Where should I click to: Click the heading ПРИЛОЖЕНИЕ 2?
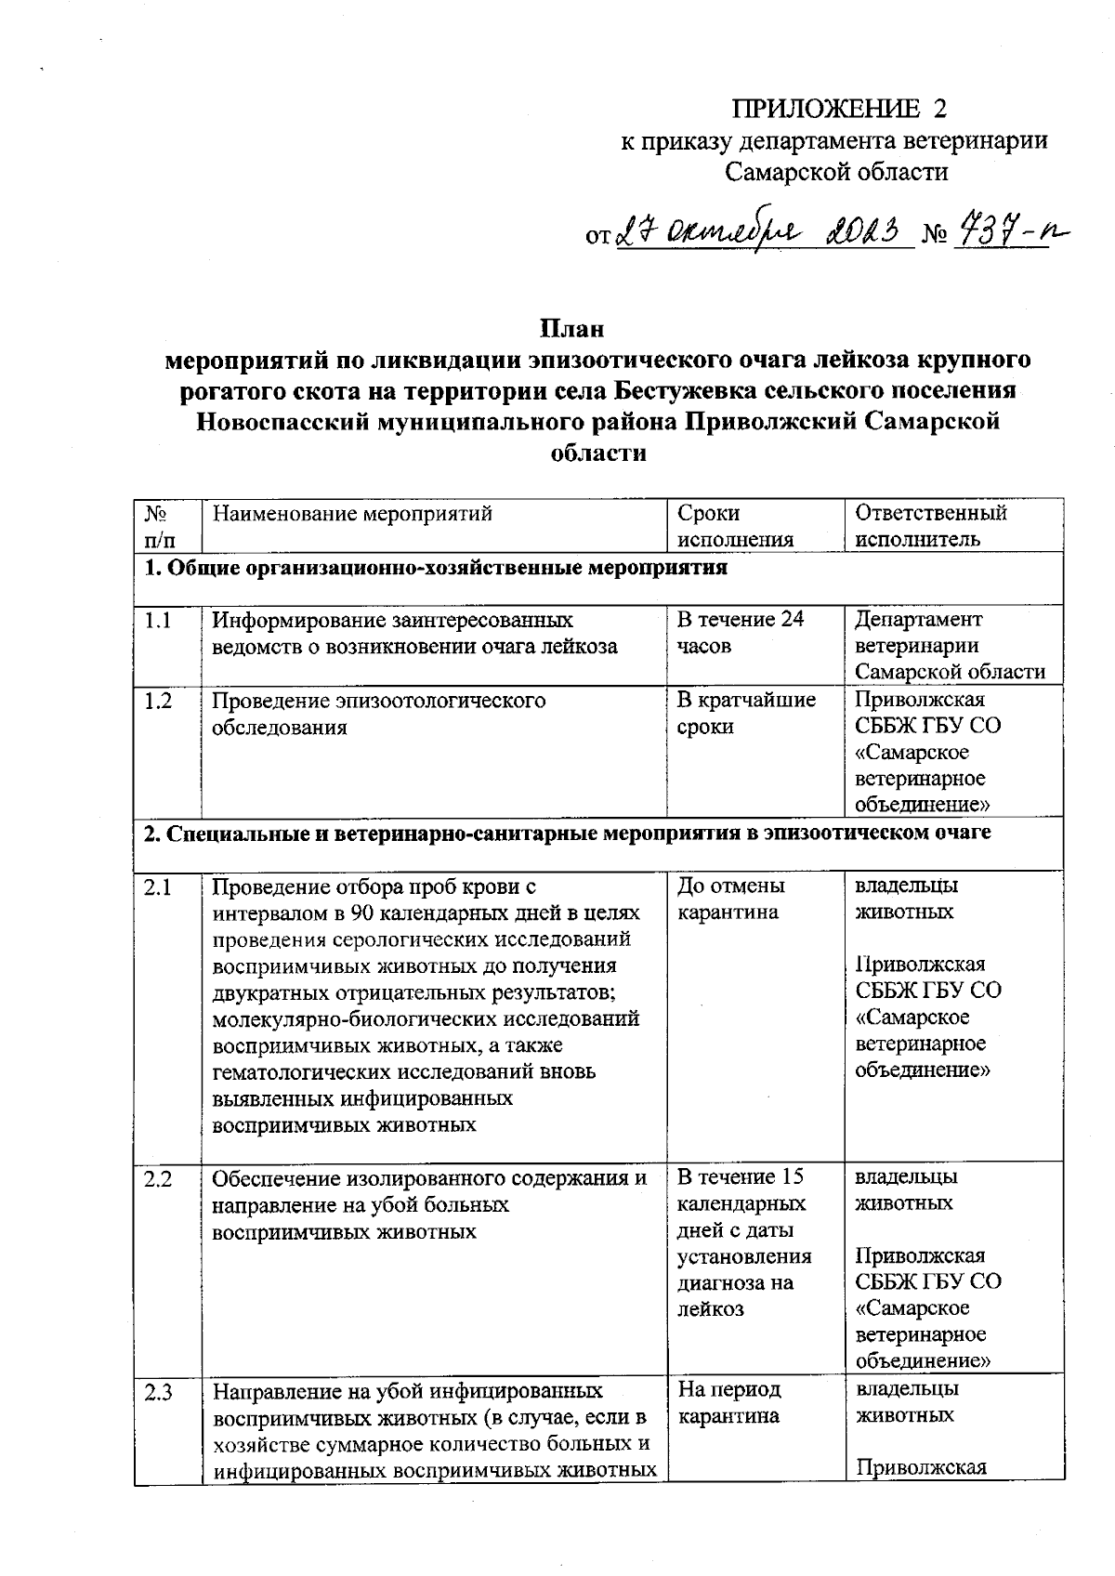(839, 109)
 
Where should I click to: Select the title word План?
(572, 328)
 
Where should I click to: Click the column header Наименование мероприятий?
(352, 513)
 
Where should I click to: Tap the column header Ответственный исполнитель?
(930, 526)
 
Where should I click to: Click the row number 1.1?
(158, 620)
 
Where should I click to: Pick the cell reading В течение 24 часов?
(741, 632)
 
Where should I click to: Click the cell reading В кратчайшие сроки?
(746, 713)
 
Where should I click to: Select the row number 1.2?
(158, 701)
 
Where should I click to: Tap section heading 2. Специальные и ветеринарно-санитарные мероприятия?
(567, 833)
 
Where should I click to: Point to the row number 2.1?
(158, 887)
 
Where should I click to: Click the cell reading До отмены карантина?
(731, 899)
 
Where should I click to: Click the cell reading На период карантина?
(729, 1403)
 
